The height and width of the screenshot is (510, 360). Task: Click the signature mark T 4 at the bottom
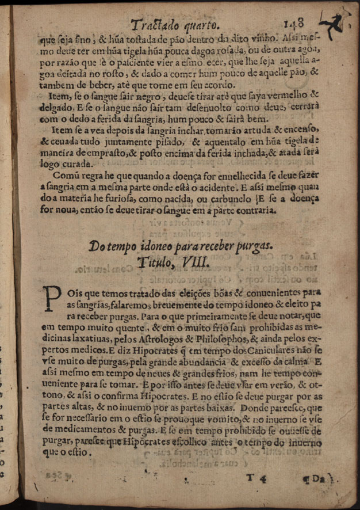click(254, 477)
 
